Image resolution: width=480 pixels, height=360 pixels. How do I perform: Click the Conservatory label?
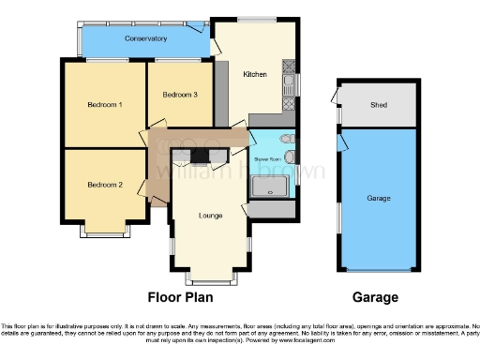coord(144,38)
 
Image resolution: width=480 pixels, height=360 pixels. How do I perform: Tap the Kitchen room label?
coord(255,73)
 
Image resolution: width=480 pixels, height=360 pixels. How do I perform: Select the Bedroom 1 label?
coord(105,104)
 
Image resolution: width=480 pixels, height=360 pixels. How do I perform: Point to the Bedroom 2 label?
coord(105,185)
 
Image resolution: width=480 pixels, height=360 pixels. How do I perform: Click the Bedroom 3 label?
coord(179,94)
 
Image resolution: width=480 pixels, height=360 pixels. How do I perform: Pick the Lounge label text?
coord(211,216)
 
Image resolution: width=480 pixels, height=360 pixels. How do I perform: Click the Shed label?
coord(379,104)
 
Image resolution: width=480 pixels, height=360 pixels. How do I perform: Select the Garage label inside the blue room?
coord(379,199)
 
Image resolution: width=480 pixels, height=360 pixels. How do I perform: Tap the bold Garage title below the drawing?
coord(375,297)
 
